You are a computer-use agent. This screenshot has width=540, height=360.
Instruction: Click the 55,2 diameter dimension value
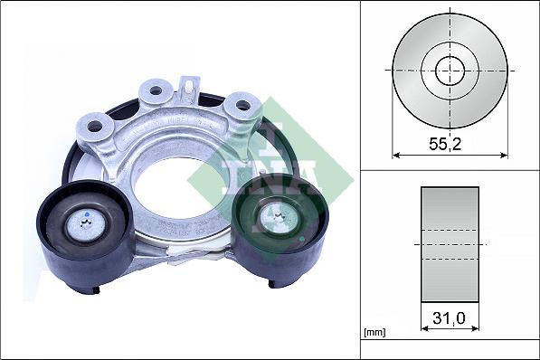coord(450,142)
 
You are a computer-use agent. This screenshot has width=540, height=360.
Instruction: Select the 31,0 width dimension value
coord(450,318)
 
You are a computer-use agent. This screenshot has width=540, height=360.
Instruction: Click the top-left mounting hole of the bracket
coord(155,90)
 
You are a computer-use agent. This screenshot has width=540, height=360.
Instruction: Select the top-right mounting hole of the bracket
coord(242,105)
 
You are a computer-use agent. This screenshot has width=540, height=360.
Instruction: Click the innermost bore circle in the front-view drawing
coord(450,70)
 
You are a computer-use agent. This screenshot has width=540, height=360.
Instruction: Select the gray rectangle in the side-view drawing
coord(450,244)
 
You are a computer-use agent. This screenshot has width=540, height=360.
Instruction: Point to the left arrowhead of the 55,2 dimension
coord(395,155)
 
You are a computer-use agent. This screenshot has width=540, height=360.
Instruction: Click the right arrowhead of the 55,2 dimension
coord(504,155)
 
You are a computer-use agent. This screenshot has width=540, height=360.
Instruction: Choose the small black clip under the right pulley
coord(273,283)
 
